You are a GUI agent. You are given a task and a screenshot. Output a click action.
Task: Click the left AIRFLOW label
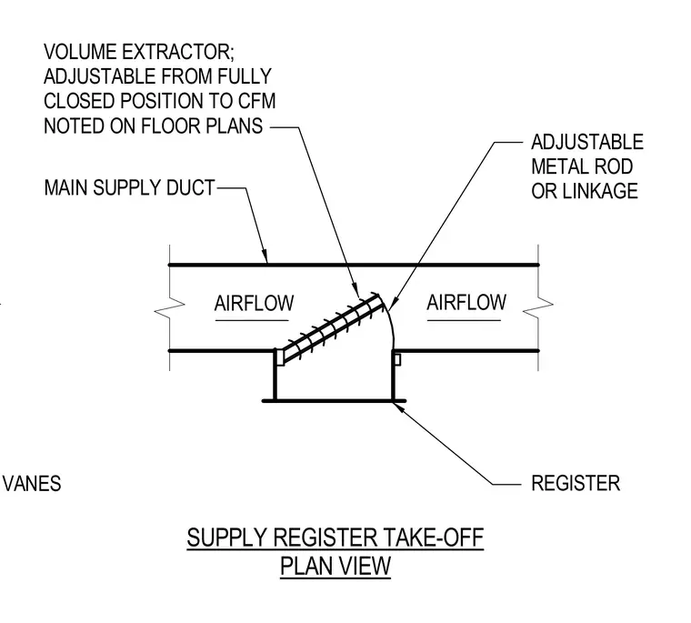(x=254, y=304)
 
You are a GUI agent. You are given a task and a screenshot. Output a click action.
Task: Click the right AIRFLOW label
(x=466, y=303)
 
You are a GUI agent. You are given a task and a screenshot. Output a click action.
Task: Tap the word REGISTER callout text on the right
(x=576, y=483)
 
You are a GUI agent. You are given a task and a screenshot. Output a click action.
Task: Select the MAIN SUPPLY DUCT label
(x=129, y=188)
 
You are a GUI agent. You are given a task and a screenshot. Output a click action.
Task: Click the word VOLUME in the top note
(x=80, y=52)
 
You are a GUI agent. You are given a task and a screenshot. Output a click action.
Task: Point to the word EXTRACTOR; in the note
(x=177, y=52)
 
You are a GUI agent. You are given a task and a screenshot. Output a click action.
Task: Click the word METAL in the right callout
(x=556, y=166)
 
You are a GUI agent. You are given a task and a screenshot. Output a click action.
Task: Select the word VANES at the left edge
(x=32, y=484)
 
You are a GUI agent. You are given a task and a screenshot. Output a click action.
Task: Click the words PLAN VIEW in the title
(x=335, y=566)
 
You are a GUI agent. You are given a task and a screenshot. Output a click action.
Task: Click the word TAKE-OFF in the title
(x=434, y=538)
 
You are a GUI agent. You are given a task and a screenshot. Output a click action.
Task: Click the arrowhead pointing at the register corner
(x=398, y=407)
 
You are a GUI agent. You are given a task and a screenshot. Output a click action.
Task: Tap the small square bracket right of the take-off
(x=397, y=360)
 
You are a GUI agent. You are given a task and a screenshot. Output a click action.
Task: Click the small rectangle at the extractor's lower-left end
(x=279, y=357)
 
